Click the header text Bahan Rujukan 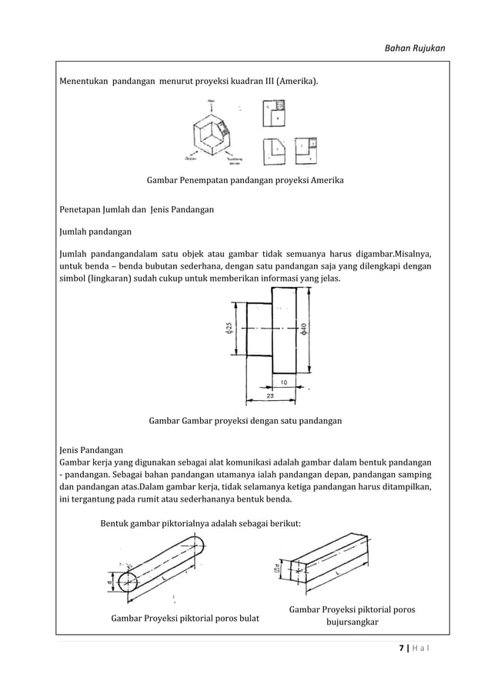pyautogui.click(x=415, y=49)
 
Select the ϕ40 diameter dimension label pyautogui.click(x=305, y=329)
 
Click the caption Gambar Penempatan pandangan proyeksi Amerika pyautogui.click(x=245, y=181)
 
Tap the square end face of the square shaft pyautogui.click(x=296, y=572)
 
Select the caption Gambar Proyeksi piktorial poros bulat pyautogui.click(x=185, y=618)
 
